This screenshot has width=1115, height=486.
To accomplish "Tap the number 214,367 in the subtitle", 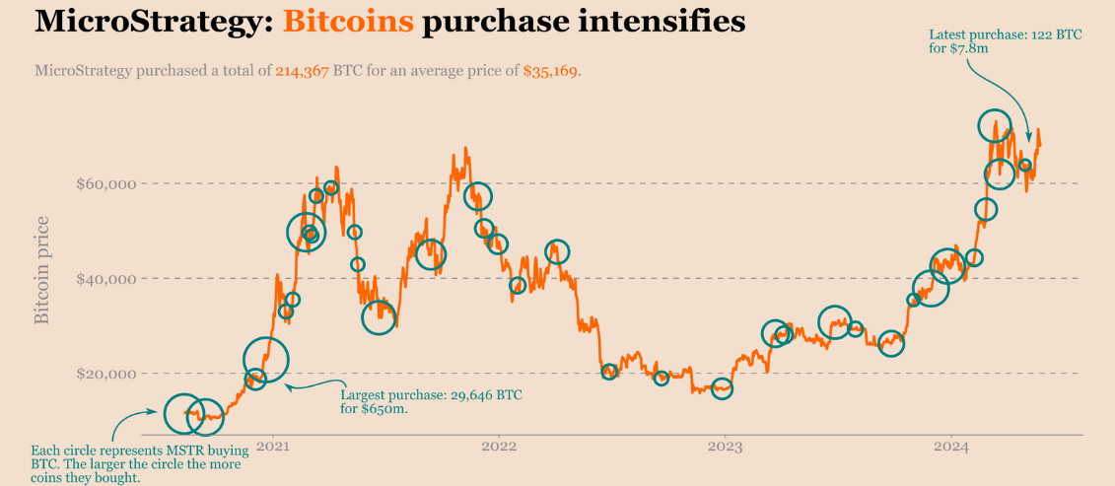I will (307, 72).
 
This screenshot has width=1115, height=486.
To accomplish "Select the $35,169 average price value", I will (551, 72).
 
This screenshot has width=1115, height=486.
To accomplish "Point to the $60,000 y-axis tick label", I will (105, 183).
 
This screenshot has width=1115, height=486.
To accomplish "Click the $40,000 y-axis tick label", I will (105, 279).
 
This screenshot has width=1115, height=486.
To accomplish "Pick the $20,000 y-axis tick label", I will (105, 374).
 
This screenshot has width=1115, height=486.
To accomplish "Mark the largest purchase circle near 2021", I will (265, 360).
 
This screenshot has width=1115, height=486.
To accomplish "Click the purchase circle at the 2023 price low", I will (723, 388).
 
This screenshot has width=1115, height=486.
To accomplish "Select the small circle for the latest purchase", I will (1025, 166).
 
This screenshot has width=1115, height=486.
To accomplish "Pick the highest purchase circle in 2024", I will (995, 125).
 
